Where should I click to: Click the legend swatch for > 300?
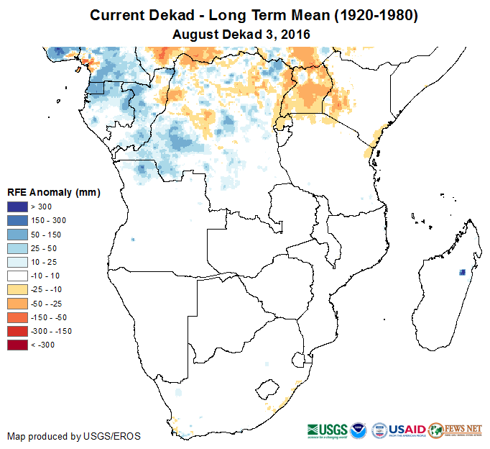(x=18, y=207)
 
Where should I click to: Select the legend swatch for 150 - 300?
(x=18, y=221)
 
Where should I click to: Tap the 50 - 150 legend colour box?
(x=18, y=235)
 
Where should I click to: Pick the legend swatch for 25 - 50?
(x=18, y=248)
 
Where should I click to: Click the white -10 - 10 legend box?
(x=18, y=276)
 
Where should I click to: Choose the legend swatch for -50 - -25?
(x=18, y=303)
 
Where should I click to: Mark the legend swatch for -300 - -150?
(x=18, y=331)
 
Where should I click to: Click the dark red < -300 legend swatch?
(x=18, y=345)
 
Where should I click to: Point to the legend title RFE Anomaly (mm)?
(x=53, y=193)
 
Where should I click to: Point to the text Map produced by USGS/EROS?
(x=73, y=437)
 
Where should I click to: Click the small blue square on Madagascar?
(x=461, y=273)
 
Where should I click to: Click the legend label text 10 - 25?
(x=45, y=262)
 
